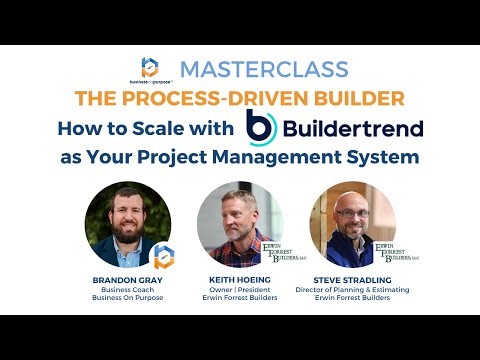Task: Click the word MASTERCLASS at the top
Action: coord(264,70)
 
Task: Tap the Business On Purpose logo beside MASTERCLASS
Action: coord(151,68)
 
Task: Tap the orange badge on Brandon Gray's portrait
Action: coord(162,255)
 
